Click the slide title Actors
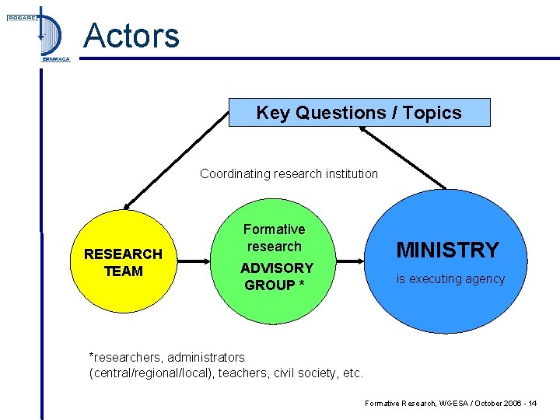131,35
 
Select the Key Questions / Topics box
359,113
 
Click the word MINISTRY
448,250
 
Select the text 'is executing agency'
450,279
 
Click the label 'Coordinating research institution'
289,173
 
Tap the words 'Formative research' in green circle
274,238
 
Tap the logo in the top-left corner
39,35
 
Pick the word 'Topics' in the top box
432,113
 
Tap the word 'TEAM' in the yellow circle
123,271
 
